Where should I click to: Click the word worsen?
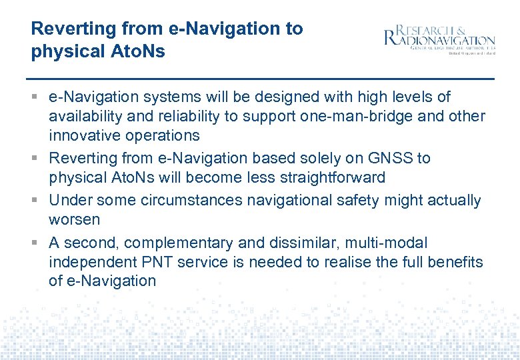point(74,219)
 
